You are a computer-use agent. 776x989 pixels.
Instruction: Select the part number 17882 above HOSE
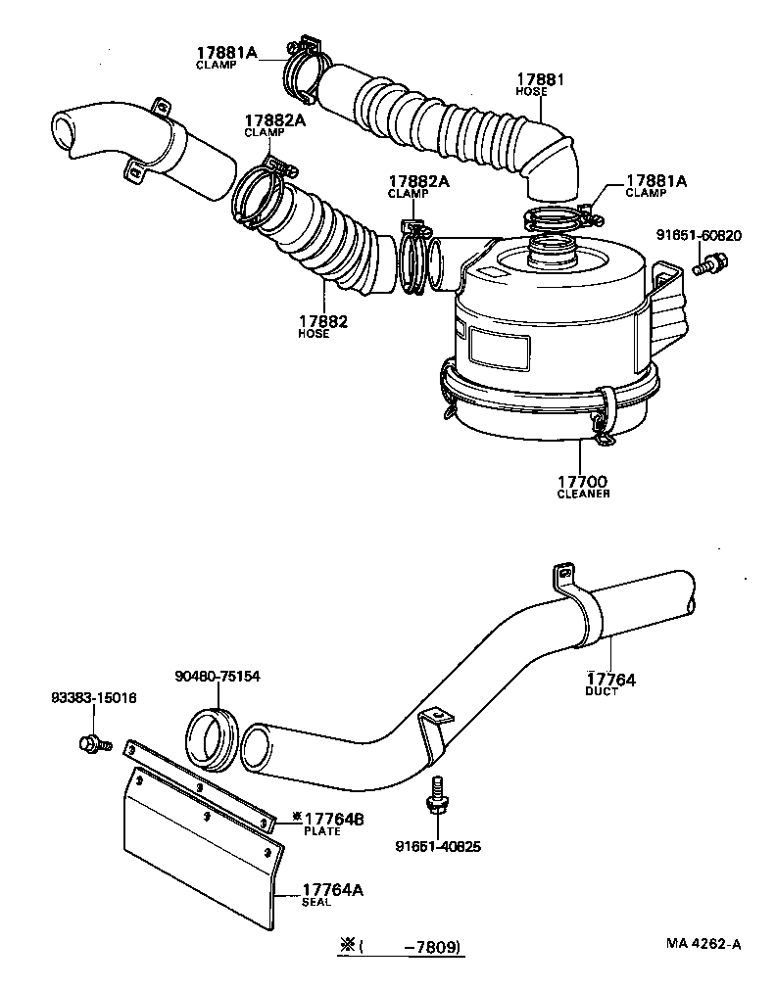(324, 320)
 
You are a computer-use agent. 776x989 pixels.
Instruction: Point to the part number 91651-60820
(699, 236)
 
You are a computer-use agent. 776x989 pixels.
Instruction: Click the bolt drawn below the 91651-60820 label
(709, 263)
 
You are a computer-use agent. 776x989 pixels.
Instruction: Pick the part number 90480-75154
(218, 676)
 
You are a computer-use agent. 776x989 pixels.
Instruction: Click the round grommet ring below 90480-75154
(213, 734)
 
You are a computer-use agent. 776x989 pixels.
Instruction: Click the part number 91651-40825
(438, 846)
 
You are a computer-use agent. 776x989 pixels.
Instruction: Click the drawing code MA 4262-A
(703, 944)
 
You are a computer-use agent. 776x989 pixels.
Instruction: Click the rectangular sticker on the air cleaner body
(500, 348)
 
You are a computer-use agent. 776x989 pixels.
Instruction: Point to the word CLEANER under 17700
(583, 494)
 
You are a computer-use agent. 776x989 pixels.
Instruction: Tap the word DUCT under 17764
(602, 692)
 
